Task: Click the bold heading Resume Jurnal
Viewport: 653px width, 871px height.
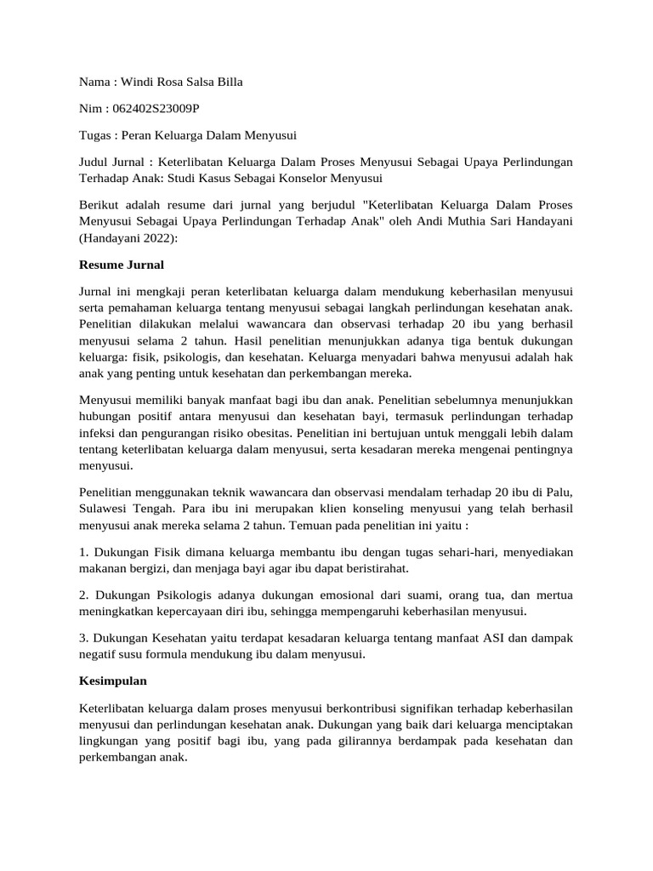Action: tap(121, 265)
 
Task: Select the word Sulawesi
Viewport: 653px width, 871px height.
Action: tap(105, 509)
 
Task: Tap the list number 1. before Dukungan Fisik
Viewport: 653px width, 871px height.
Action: tap(84, 551)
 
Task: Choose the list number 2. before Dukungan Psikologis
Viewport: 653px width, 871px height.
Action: tap(84, 595)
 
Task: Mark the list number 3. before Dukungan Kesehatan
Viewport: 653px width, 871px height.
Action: tap(84, 637)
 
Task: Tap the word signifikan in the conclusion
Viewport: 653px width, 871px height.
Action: tap(416, 708)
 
